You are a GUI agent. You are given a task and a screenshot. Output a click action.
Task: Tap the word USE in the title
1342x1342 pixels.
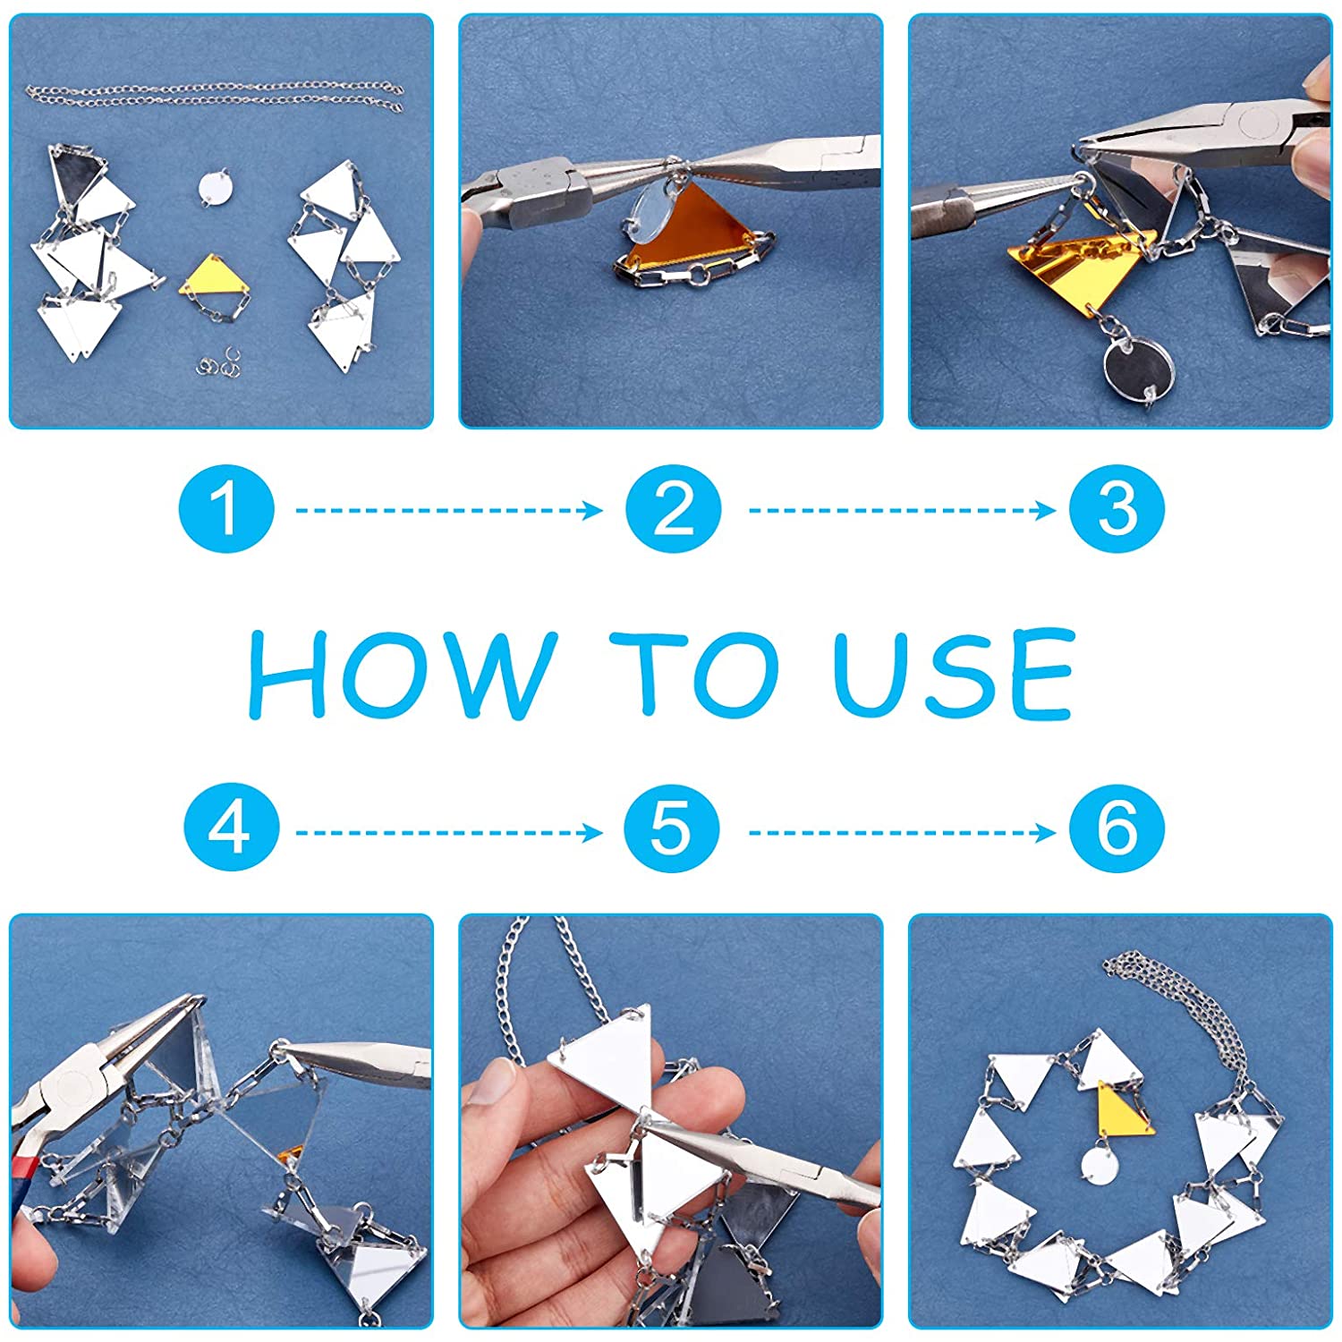(954, 675)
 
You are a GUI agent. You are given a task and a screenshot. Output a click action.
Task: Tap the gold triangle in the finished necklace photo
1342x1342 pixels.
(1123, 1112)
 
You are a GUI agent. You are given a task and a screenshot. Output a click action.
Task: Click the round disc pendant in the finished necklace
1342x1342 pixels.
(1099, 1166)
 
